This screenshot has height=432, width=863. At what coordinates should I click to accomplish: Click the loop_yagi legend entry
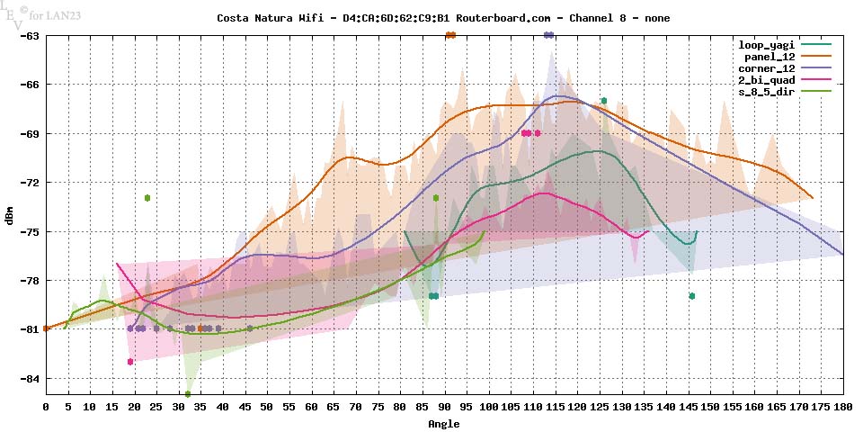click(762, 44)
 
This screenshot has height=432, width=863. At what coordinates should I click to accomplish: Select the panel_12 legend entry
click(766, 56)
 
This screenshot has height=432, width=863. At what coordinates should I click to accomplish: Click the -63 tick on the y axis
click(28, 36)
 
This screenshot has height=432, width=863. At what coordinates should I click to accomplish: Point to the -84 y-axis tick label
click(28, 378)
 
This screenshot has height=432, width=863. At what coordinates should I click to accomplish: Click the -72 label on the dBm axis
click(28, 183)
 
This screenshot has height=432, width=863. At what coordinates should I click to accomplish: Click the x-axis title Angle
click(444, 423)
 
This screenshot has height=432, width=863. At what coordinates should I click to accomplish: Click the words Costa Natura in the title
click(248, 18)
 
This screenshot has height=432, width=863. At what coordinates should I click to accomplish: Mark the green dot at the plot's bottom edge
click(188, 394)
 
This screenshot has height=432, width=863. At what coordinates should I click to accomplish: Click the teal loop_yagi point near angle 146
click(692, 296)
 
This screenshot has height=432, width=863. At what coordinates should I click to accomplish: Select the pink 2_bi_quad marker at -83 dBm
click(130, 362)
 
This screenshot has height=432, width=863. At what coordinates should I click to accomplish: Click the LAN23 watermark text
click(59, 14)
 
